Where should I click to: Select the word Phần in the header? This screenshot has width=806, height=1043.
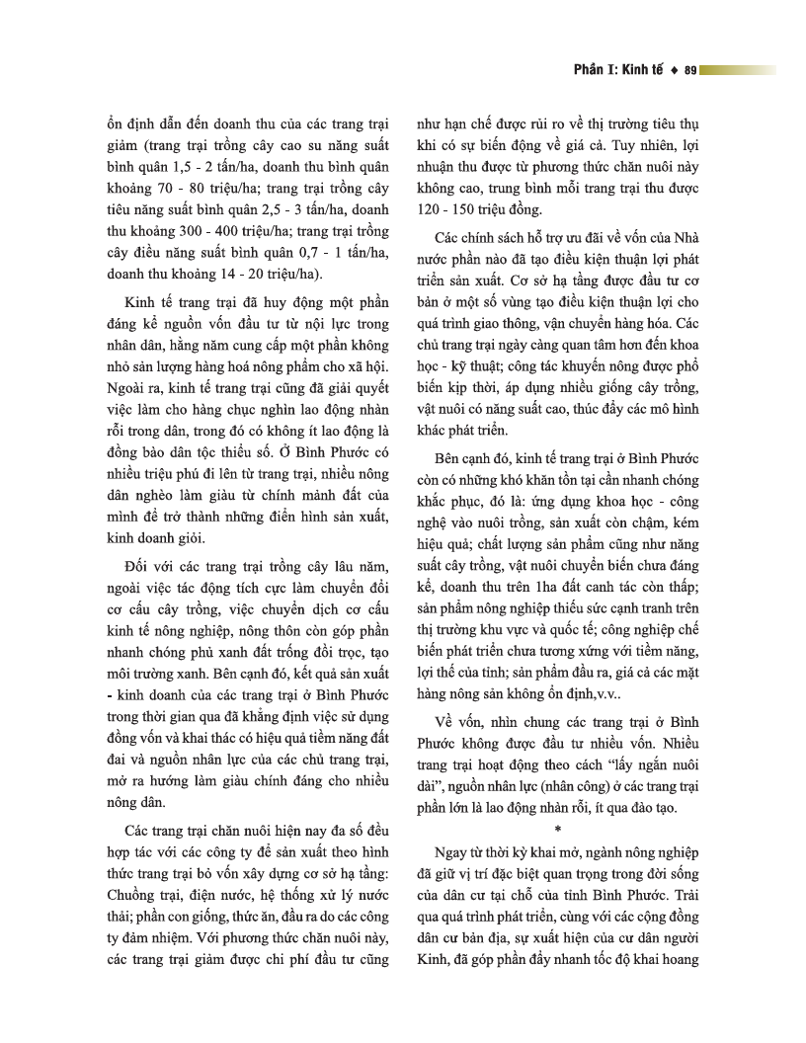(x=591, y=70)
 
